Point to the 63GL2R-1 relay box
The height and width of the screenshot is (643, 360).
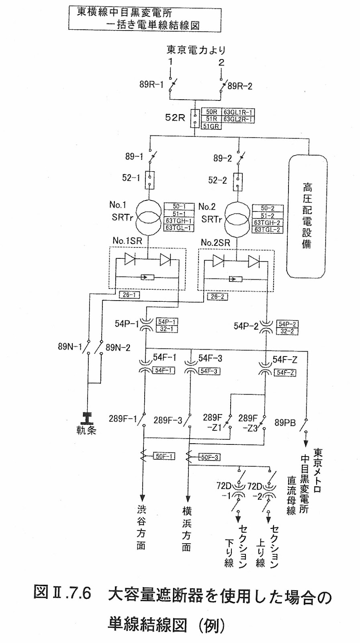click(238, 119)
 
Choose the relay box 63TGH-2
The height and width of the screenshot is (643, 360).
click(267, 223)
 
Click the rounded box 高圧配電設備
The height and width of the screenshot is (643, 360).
click(307, 216)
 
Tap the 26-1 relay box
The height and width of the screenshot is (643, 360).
click(129, 295)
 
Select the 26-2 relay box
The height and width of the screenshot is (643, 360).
click(217, 297)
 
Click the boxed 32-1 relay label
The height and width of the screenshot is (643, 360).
click(167, 329)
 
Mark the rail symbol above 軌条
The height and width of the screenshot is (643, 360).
click(86, 418)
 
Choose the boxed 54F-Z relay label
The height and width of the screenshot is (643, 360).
click(285, 373)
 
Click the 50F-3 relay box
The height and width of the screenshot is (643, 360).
click(209, 457)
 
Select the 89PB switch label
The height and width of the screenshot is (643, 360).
click(285, 423)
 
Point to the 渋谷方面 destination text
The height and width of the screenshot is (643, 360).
click(141, 528)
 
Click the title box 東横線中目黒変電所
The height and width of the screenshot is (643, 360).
click(145, 18)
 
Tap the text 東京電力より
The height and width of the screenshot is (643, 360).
click(196, 50)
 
